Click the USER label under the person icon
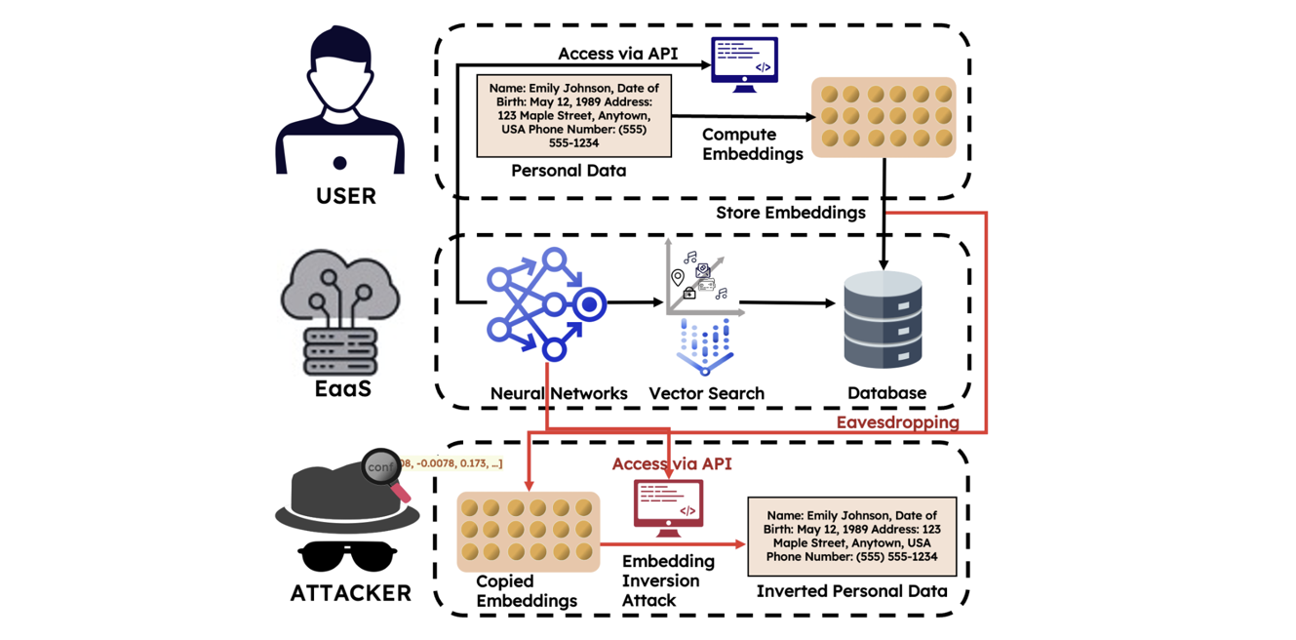[345, 196]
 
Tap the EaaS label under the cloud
[342, 388]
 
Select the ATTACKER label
[350, 592]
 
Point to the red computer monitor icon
[668, 507]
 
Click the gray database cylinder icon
[883, 320]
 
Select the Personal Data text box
[573, 115]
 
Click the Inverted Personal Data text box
[851, 537]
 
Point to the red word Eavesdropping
[897, 422]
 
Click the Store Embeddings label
[790, 213]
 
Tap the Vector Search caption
[706, 393]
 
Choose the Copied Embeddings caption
[526, 591]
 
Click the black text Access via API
[617, 53]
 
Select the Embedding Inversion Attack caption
[668, 580]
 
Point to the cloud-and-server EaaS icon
[340, 310]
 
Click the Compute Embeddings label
[752, 143]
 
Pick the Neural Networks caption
[558, 393]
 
